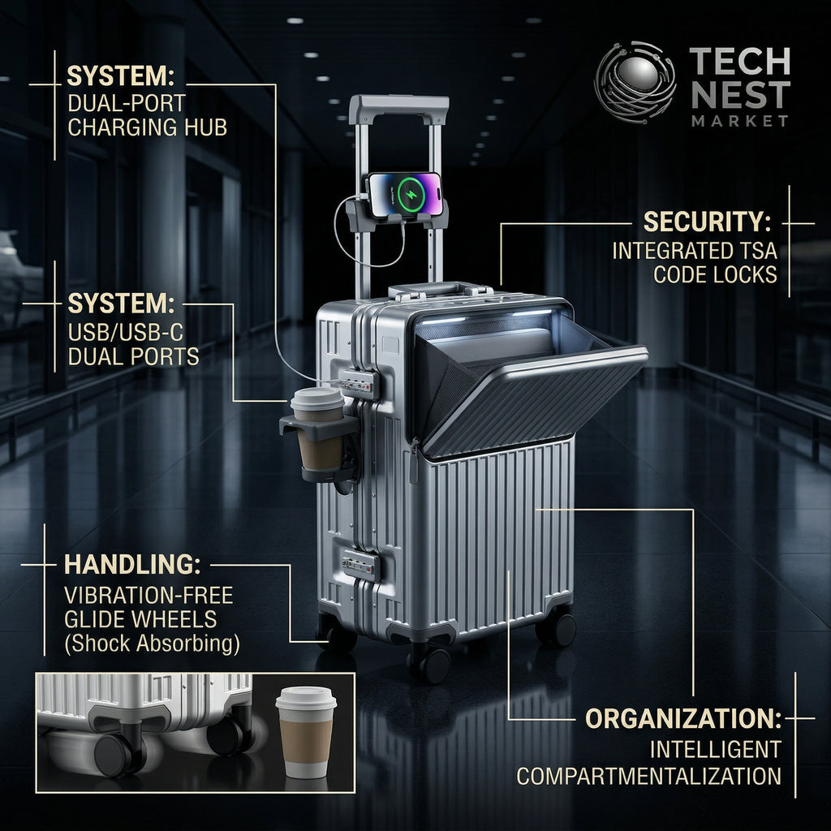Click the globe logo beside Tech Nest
coord(635,82)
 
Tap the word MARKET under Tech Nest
coord(740,121)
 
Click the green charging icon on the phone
coord(411,193)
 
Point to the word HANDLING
coord(132,565)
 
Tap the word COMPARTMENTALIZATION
coord(648,777)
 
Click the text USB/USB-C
coord(126,332)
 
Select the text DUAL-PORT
coord(127,103)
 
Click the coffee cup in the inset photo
coord(306,732)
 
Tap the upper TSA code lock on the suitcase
coord(359,383)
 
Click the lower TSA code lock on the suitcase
coord(361,565)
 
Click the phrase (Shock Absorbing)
coord(152,644)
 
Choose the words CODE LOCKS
coord(715,274)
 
